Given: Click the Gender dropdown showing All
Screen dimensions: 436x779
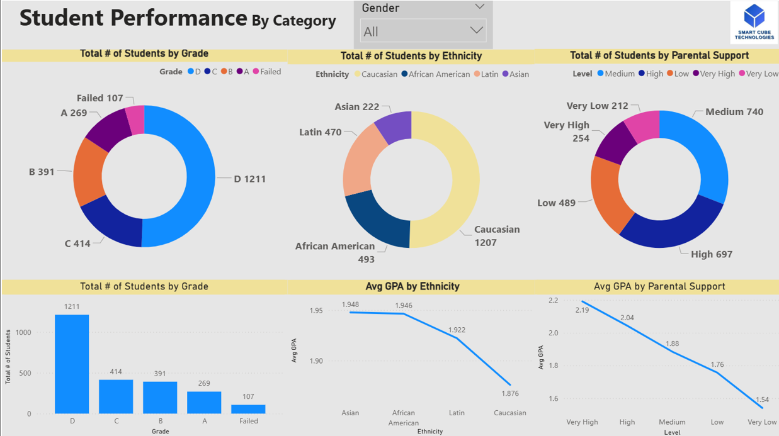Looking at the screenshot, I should coord(423,31).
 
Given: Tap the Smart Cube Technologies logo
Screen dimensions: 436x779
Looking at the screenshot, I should coord(754,22).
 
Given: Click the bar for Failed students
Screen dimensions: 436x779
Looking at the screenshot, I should coord(248,408).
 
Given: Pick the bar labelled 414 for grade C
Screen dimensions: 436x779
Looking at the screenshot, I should coord(116,396).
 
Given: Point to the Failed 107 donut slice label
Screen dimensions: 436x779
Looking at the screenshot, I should coord(100,98).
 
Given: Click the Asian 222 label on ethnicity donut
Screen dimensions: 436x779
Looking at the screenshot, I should coord(356,107).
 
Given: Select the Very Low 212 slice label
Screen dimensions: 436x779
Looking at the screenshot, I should coord(597,106).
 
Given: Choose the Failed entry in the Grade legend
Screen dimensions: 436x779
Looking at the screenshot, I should coord(270,72).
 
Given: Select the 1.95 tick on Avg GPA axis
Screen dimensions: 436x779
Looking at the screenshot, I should coord(316,311).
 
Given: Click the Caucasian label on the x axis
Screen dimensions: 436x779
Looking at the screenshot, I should coord(509,413).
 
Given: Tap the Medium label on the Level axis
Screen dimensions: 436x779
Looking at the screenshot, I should coord(672,422).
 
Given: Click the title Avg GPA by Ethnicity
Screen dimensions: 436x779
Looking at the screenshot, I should coord(412,286).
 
